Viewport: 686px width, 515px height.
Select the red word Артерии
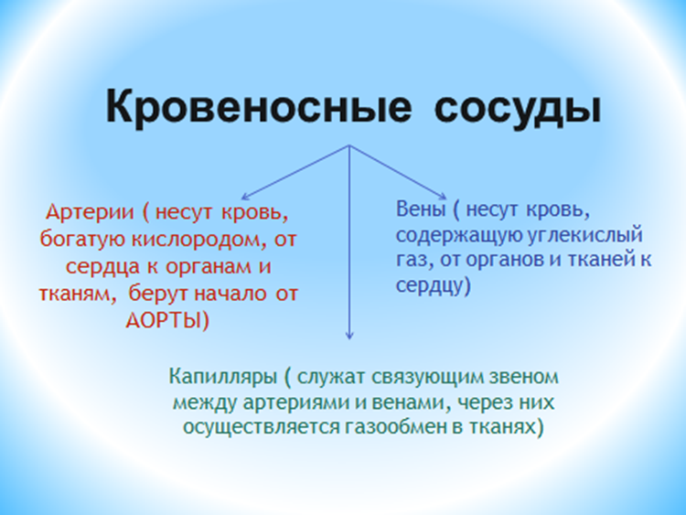pos(90,212)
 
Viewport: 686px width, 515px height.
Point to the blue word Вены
pos(421,209)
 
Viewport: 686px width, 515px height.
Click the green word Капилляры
pos(223,377)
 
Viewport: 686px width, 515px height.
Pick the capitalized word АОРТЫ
pos(163,320)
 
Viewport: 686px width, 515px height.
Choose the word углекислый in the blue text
pos(585,236)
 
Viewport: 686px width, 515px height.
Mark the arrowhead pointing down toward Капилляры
pos(349,336)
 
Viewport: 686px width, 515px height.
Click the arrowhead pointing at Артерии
pos(244,198)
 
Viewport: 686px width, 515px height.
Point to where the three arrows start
pos(349,145)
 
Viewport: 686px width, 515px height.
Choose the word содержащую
pos(459,236)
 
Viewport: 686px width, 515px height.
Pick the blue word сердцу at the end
pos(430,285)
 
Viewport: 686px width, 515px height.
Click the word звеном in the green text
pos(524,377)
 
